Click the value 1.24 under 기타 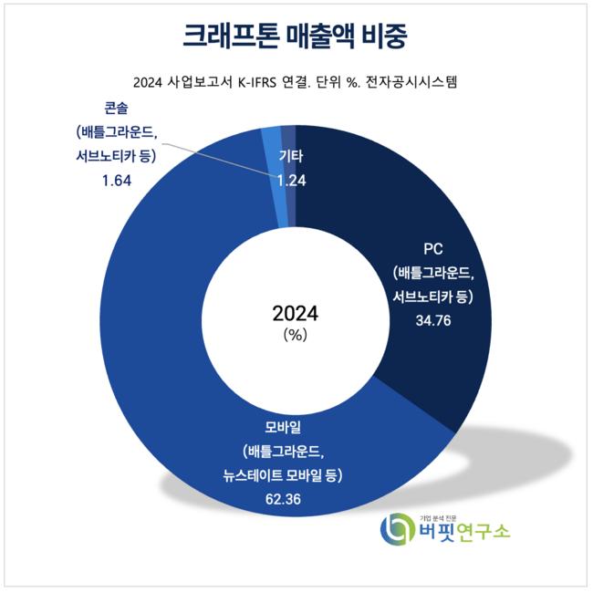(291, 180)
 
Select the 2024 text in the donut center (296, 314)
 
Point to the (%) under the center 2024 (296, 335)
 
